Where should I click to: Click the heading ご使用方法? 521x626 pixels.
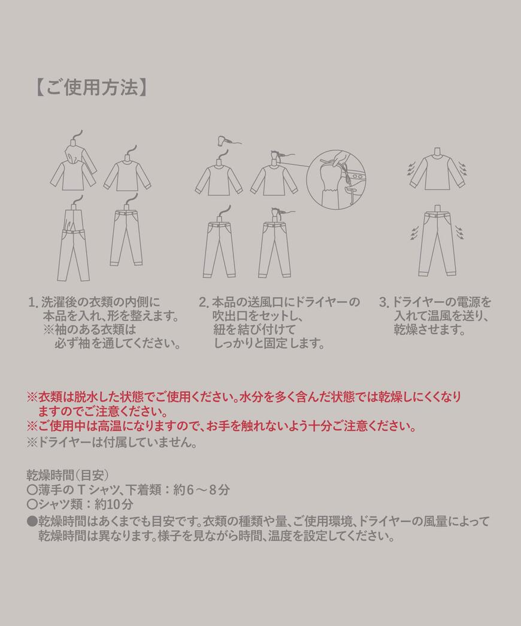tap(90, 88)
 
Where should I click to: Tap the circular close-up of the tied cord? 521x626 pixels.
tap(336, 180)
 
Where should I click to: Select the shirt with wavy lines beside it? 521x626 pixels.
tap(437, 170)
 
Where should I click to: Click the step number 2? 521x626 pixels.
tap(203, 302)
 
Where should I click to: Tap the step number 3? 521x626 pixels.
tap(383, 302)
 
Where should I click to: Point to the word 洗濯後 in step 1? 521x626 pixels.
tap(60, 302)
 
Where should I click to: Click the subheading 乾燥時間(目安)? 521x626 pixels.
tap(67, 475)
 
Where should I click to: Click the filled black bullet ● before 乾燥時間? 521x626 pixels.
tap(32, 520)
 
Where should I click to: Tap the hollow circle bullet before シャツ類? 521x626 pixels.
tap(32, 504)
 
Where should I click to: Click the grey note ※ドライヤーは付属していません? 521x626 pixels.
tap(111, 443)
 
